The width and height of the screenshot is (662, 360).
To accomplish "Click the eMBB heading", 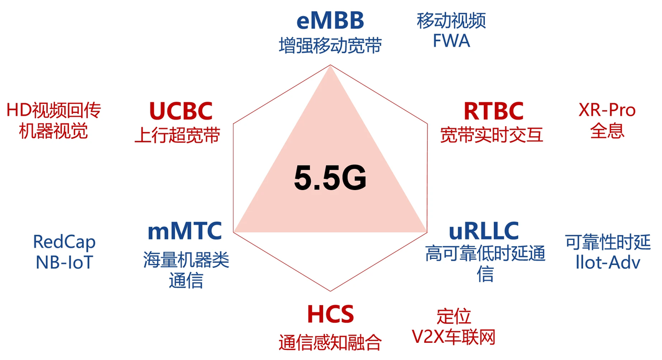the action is (330, 21).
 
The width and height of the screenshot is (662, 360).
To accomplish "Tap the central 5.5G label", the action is (330, 177).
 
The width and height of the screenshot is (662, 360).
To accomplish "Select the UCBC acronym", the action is (180, 111).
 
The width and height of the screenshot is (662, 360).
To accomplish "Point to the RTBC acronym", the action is (494, 111).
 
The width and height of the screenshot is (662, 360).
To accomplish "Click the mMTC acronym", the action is (184, 231).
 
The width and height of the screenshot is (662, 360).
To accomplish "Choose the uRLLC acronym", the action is (484, 231).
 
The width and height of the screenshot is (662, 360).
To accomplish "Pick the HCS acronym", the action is (330, 314).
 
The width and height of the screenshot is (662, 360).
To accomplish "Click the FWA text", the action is (452, 41).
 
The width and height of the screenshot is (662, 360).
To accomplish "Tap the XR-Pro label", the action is (607, 111).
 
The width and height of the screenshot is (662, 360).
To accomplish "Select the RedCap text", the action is (64, 242).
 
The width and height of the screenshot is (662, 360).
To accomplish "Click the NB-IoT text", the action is (64, 262).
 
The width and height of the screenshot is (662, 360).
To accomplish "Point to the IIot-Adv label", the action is (608, 262).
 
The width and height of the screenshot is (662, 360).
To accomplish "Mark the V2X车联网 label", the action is (453, 337).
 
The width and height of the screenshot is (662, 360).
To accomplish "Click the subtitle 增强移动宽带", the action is (330, 46).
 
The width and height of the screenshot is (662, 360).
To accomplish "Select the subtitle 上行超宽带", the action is (177, 135).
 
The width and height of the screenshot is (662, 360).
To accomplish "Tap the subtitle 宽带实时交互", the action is (492, 135).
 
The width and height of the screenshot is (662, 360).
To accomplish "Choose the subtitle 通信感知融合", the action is (330, 342).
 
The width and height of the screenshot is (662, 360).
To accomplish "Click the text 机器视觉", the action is (53, 131).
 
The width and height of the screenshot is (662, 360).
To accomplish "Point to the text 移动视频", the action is (452, 21).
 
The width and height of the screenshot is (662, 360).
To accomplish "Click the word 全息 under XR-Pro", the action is (607, 131).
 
